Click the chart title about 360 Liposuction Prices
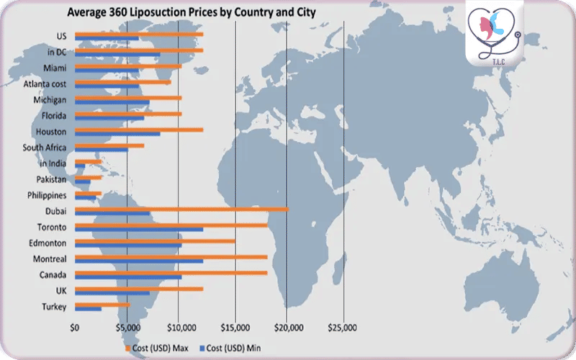[192, 12]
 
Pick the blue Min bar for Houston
[117, 134]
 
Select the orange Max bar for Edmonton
[155, 241]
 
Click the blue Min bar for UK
[112, 293]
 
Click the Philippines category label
[47, 195]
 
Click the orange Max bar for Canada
[171, 273]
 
